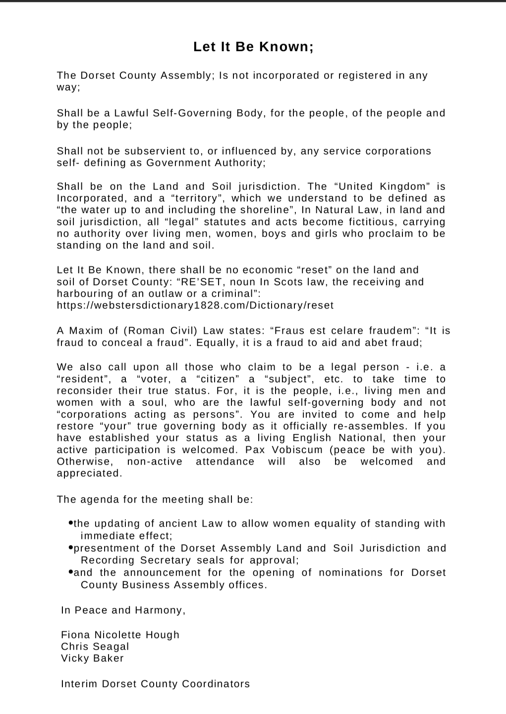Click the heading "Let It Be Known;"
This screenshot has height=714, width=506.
tap(253, 47)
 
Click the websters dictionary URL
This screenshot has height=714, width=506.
tap(195, 305)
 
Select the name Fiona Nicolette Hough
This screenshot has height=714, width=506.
tap(120, 635)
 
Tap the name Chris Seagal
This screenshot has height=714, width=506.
tap(95, 647)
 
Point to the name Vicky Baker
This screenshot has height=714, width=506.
tap(92, 658)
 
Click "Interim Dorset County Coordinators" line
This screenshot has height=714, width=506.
tap(155, 684)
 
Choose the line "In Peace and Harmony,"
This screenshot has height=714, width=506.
tap(123, 610)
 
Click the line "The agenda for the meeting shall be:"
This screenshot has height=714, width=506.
tap(155, 499)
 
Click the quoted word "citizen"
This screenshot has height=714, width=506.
tap(216, 379)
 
